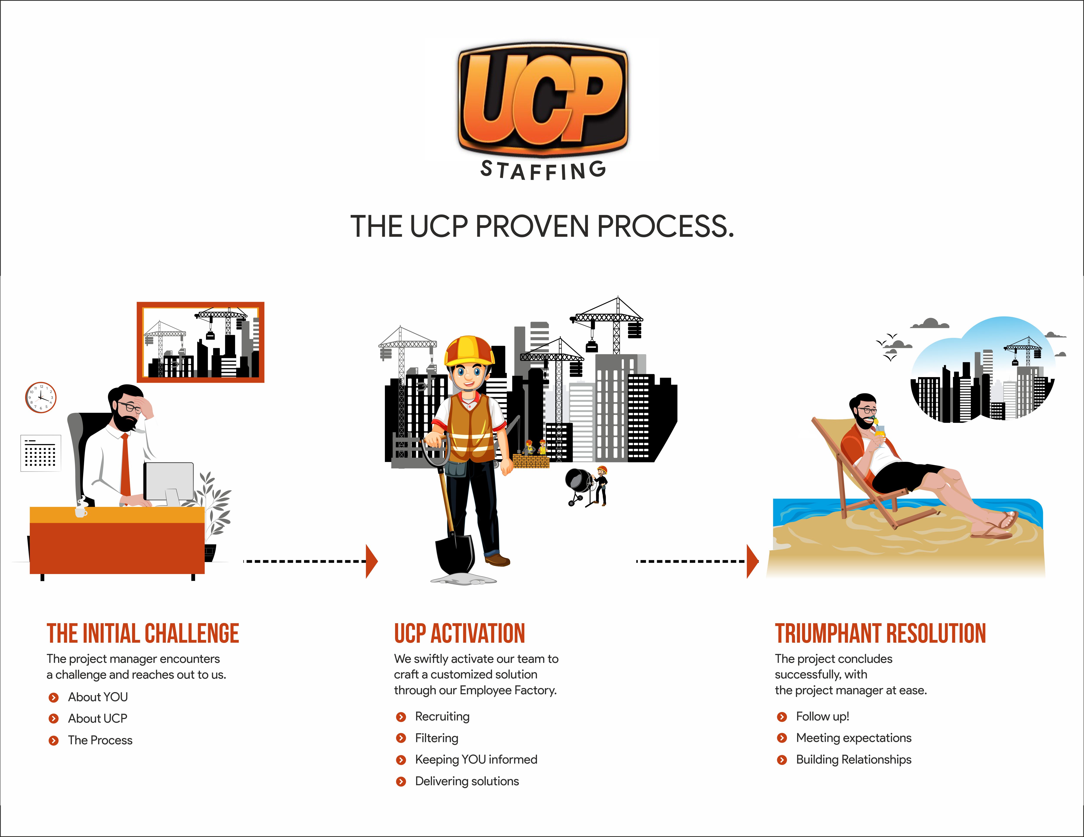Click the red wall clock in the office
(x=41, y=397)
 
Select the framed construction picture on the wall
(x=201, y=342)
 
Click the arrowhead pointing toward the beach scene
(x=752, y=561)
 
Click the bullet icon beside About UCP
(x=54, y=719)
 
